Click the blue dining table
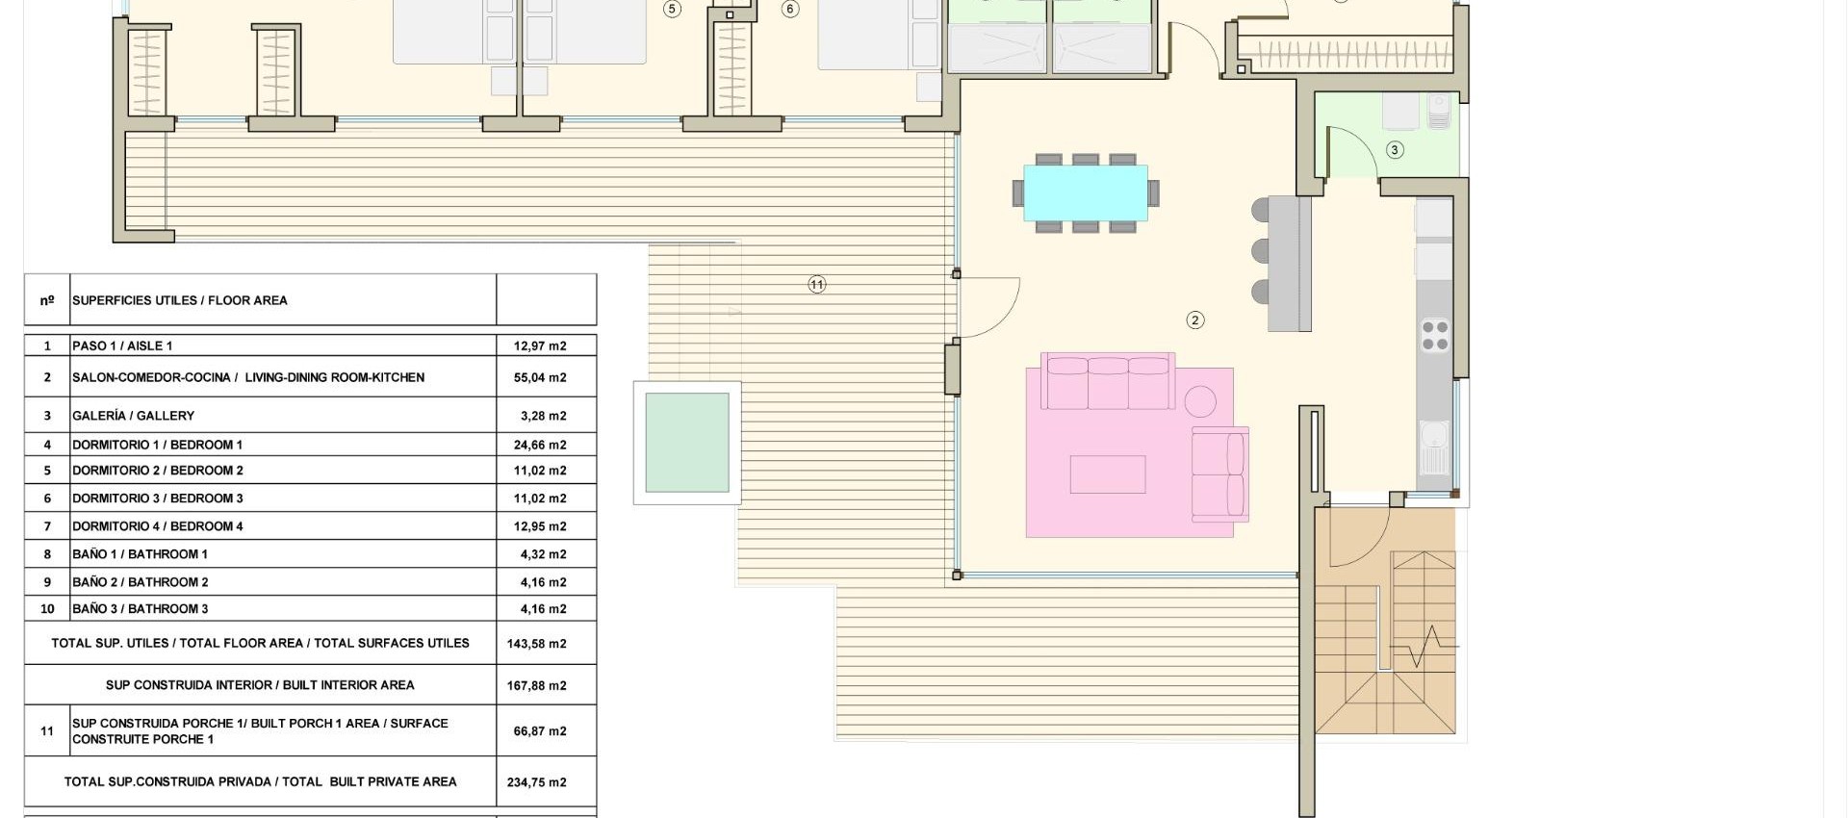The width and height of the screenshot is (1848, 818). pos(1085,192)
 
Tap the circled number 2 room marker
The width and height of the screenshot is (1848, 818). pos(1194,320)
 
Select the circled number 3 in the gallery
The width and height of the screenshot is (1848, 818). pos(1395,150)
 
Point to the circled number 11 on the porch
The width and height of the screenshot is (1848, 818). pos(816,285)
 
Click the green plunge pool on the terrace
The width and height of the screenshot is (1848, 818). pos(686,443)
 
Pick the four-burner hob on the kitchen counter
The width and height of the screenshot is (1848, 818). pos(1434,336)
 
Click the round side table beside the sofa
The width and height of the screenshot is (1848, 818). pos(1200,400)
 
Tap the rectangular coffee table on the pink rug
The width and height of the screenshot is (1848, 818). pos(1107,474)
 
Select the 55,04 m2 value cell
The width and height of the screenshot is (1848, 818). pos(540,377)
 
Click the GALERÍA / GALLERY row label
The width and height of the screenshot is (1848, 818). pos(133,416)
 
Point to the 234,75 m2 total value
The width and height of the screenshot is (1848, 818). pos(536,782)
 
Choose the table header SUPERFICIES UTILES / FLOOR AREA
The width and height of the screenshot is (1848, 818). pos(179,300)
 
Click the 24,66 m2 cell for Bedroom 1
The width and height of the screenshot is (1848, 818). pos(540,445)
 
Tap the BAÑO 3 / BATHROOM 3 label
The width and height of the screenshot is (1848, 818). pos(140,609)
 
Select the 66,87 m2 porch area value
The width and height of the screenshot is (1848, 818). pos(540,731)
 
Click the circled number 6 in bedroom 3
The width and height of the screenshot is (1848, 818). pos(790,10)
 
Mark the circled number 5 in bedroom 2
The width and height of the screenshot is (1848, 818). pos(672,10)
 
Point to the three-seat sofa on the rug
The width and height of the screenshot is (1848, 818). pos(1108,382)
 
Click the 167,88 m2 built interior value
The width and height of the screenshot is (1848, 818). pos(536,686)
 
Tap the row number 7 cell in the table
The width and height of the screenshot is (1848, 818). pos(47,526)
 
